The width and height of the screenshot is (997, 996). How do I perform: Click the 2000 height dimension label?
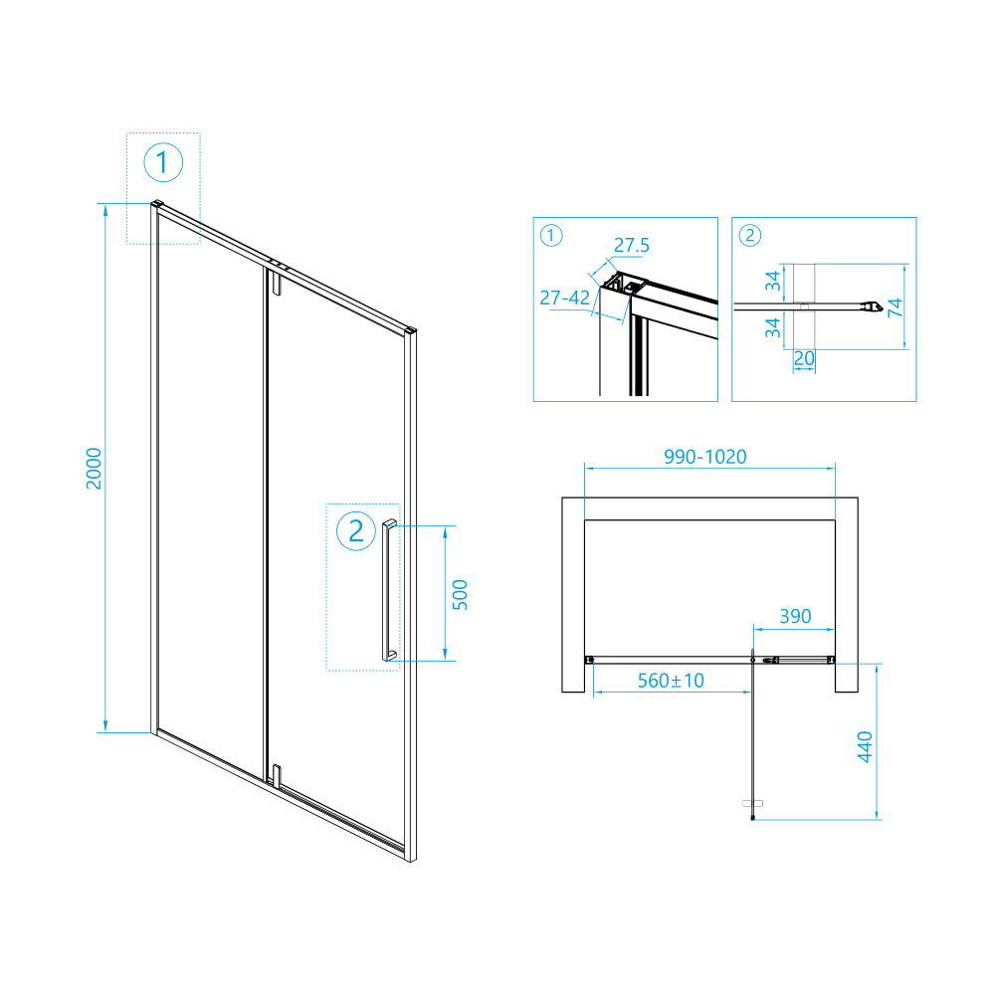click(94, 468)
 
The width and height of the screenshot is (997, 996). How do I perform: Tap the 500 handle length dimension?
click(460, 595)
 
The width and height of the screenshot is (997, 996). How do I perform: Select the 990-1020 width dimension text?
click(705, 457)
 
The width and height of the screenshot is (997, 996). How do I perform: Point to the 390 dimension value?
click(795, 616)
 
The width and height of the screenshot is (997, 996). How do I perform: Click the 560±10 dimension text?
click(671, 681)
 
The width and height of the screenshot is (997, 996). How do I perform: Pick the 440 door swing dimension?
click(865, 746)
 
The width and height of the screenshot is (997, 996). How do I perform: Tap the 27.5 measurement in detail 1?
click(632, 245)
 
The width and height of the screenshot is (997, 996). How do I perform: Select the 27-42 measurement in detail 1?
click(564, 298)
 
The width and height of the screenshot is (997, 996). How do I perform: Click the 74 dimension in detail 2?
click(895, 307)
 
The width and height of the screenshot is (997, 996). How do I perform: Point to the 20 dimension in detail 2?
click(804, 358)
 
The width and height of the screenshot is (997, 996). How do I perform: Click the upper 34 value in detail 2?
click(772, 281)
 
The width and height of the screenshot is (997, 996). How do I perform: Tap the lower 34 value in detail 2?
click(772, 328)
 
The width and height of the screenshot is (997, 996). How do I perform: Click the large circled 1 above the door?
click(163, 162)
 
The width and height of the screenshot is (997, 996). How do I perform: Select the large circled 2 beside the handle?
click(356, 530)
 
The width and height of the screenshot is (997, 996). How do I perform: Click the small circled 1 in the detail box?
click(551, 236)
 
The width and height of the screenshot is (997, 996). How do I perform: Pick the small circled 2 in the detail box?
click(749, 236)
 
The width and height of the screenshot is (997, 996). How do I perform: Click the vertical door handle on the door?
click(389, 590)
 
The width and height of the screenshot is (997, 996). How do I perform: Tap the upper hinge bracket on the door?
click(276, 282)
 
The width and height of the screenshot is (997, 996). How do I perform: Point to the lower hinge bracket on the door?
click(276, 776)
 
